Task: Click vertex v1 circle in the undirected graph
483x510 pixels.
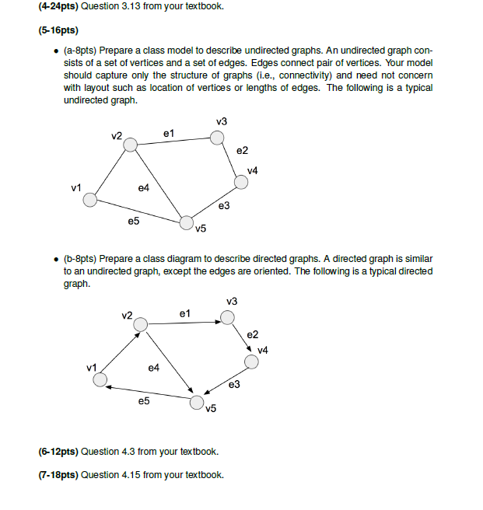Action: [x=91, y=201]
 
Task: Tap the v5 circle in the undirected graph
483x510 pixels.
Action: [x=186, y=223]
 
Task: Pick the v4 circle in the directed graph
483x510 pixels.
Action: [x=251, y=362]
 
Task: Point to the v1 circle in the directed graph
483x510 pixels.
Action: [x=100, y=379]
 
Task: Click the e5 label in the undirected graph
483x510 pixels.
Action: [x=134, y=222]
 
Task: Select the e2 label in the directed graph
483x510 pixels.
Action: [x=252, y=335]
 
